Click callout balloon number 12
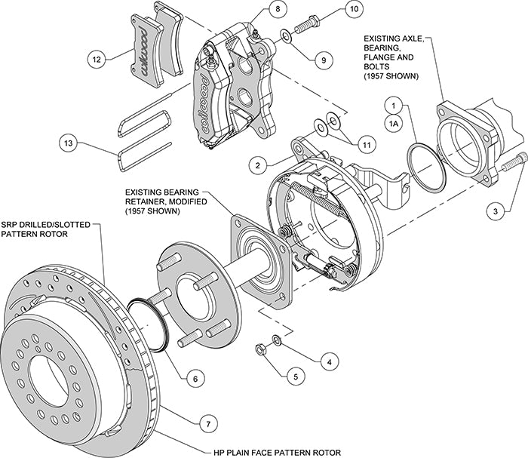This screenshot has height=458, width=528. [96, 58]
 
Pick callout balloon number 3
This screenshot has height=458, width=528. [494, 213]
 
